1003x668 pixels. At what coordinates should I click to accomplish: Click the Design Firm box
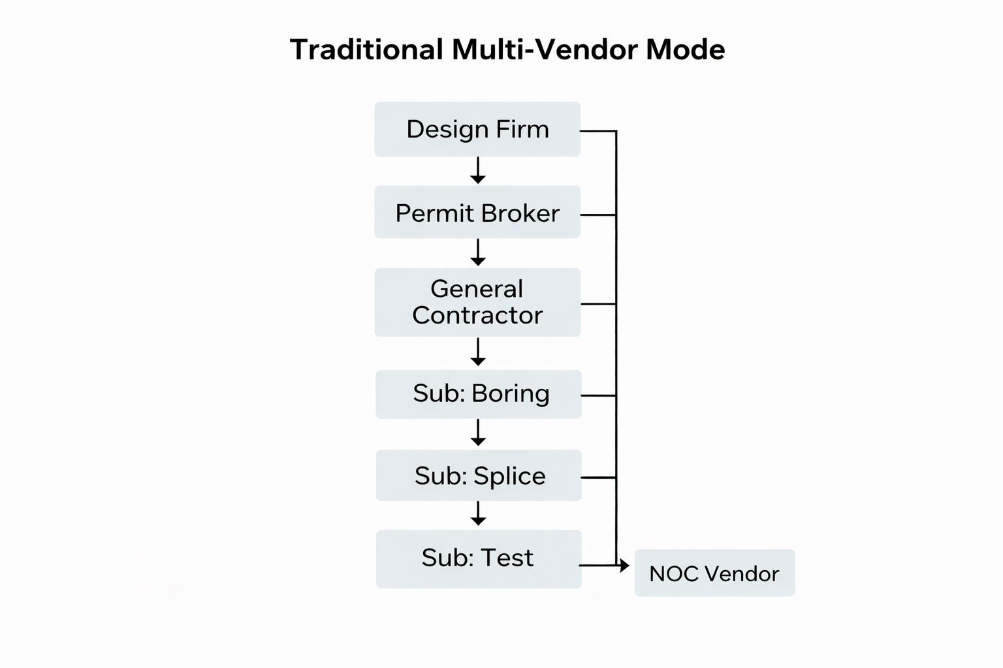pos(477,129)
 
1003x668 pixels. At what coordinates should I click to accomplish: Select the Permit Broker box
pos(477,212)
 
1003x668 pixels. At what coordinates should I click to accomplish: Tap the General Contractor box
pos(477,302)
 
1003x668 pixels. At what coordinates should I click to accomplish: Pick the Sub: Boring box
pos(479,394)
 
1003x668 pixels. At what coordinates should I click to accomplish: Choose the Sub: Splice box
pos(479,476)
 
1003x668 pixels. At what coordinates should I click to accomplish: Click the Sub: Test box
pos(479,558)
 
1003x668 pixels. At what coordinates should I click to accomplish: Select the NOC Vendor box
pos(714,573)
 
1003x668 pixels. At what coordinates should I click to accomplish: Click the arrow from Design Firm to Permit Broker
pos(478,170)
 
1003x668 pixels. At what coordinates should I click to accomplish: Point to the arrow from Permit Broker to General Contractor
pos(478,252)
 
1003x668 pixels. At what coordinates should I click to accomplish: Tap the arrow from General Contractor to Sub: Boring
pos(478,352)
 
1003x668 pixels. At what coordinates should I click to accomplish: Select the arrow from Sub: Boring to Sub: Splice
pos(478,433)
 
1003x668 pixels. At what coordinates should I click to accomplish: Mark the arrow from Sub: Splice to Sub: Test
pos(478,514)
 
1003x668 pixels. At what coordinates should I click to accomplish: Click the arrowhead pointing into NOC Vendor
pos(624,565)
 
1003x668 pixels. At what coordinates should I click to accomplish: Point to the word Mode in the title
pos(685,50)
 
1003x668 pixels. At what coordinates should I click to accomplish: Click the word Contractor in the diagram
pos(477,316)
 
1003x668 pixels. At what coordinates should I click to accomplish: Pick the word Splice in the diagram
pos(509,476)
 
